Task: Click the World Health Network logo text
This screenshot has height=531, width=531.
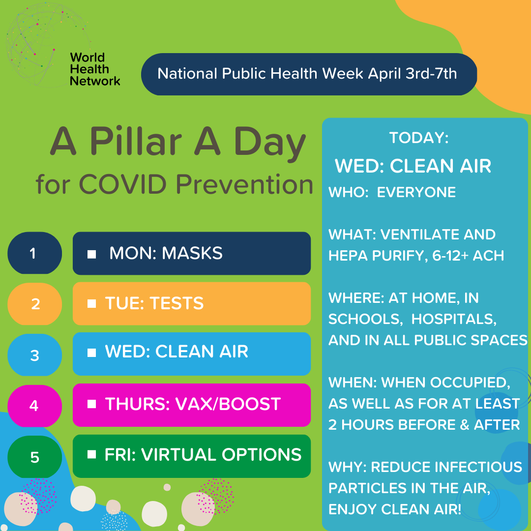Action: [94, 69]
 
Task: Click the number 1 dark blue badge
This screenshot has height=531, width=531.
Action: [34, 253]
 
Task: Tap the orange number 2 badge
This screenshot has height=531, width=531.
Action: [34, 304]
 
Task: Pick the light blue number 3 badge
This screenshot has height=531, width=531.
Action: [34, 355]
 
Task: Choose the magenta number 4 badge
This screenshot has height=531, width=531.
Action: [34, 406]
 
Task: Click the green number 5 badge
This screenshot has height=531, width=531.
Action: [34, 457]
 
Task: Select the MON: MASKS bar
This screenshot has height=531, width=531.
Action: [191, 253]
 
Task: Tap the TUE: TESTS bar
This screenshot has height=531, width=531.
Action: [191, 303]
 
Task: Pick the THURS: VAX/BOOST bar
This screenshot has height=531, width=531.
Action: [191, 405]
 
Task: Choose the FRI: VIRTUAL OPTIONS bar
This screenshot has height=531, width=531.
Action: [191, 455]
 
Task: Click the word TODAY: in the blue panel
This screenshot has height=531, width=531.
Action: [418, 138]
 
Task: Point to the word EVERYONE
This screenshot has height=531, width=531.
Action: [416, 192]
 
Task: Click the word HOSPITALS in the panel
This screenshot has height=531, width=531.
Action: [453, 319]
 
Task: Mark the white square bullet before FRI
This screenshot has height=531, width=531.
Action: [91, 455]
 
